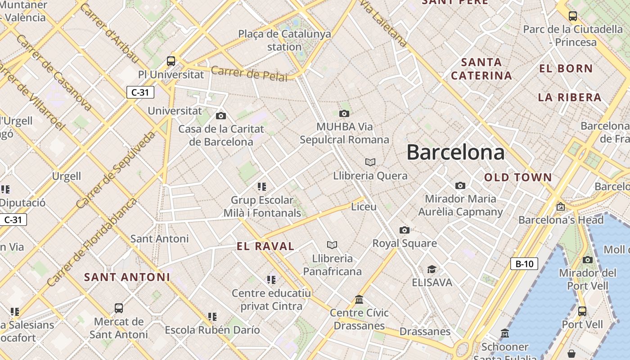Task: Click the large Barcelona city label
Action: tap(455, 153)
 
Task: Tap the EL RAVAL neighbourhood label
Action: tap(265, 246)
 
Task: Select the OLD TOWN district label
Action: tap(518, 177)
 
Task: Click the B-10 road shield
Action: tap(524, 264)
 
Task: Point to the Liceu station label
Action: tap(364, 207)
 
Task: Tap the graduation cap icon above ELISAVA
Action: tap(432, 270)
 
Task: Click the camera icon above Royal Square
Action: tap(405, 230)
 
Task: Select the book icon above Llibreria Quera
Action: tap(370, 162)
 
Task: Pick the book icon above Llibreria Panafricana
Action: tap(332, 245)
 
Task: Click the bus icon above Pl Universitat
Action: tap(171, 61)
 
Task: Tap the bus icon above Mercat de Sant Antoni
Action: tap(119, 308)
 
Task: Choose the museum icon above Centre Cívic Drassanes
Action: tap(359, 299)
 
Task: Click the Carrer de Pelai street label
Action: tap(249, 74)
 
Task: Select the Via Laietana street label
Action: tap(383, 22)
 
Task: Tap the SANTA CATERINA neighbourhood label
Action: tap(481, 69)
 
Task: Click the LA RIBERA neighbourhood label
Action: tap(570, 97)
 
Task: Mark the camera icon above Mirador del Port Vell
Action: tap(588, 260)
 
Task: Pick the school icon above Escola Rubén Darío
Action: tap(212, 317)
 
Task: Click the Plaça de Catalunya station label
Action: tap(284, 40)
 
